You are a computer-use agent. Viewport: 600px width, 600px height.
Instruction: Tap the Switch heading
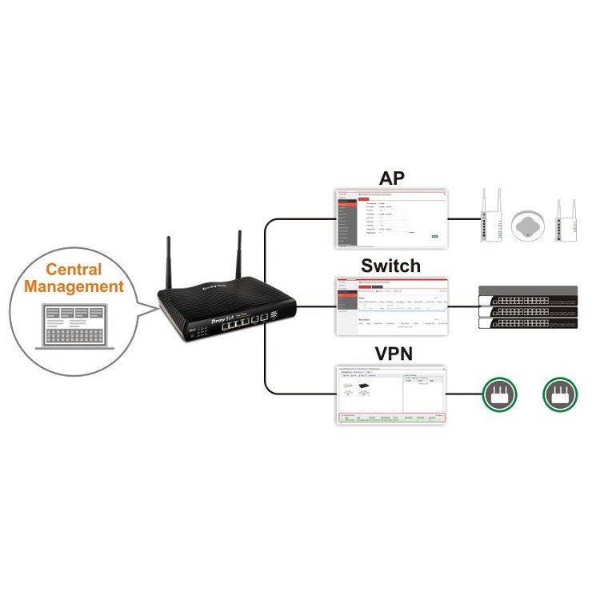390,265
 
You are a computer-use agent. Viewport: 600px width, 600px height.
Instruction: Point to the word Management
84,286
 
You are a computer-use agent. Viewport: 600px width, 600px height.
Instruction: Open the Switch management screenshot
390,304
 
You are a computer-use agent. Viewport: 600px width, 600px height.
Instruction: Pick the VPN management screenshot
390,394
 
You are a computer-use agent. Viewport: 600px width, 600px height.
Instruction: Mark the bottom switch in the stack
528,322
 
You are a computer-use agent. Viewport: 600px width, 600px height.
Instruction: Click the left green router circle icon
499,394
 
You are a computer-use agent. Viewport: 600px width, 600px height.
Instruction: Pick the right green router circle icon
560,394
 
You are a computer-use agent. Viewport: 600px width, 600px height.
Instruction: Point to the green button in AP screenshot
434,236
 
